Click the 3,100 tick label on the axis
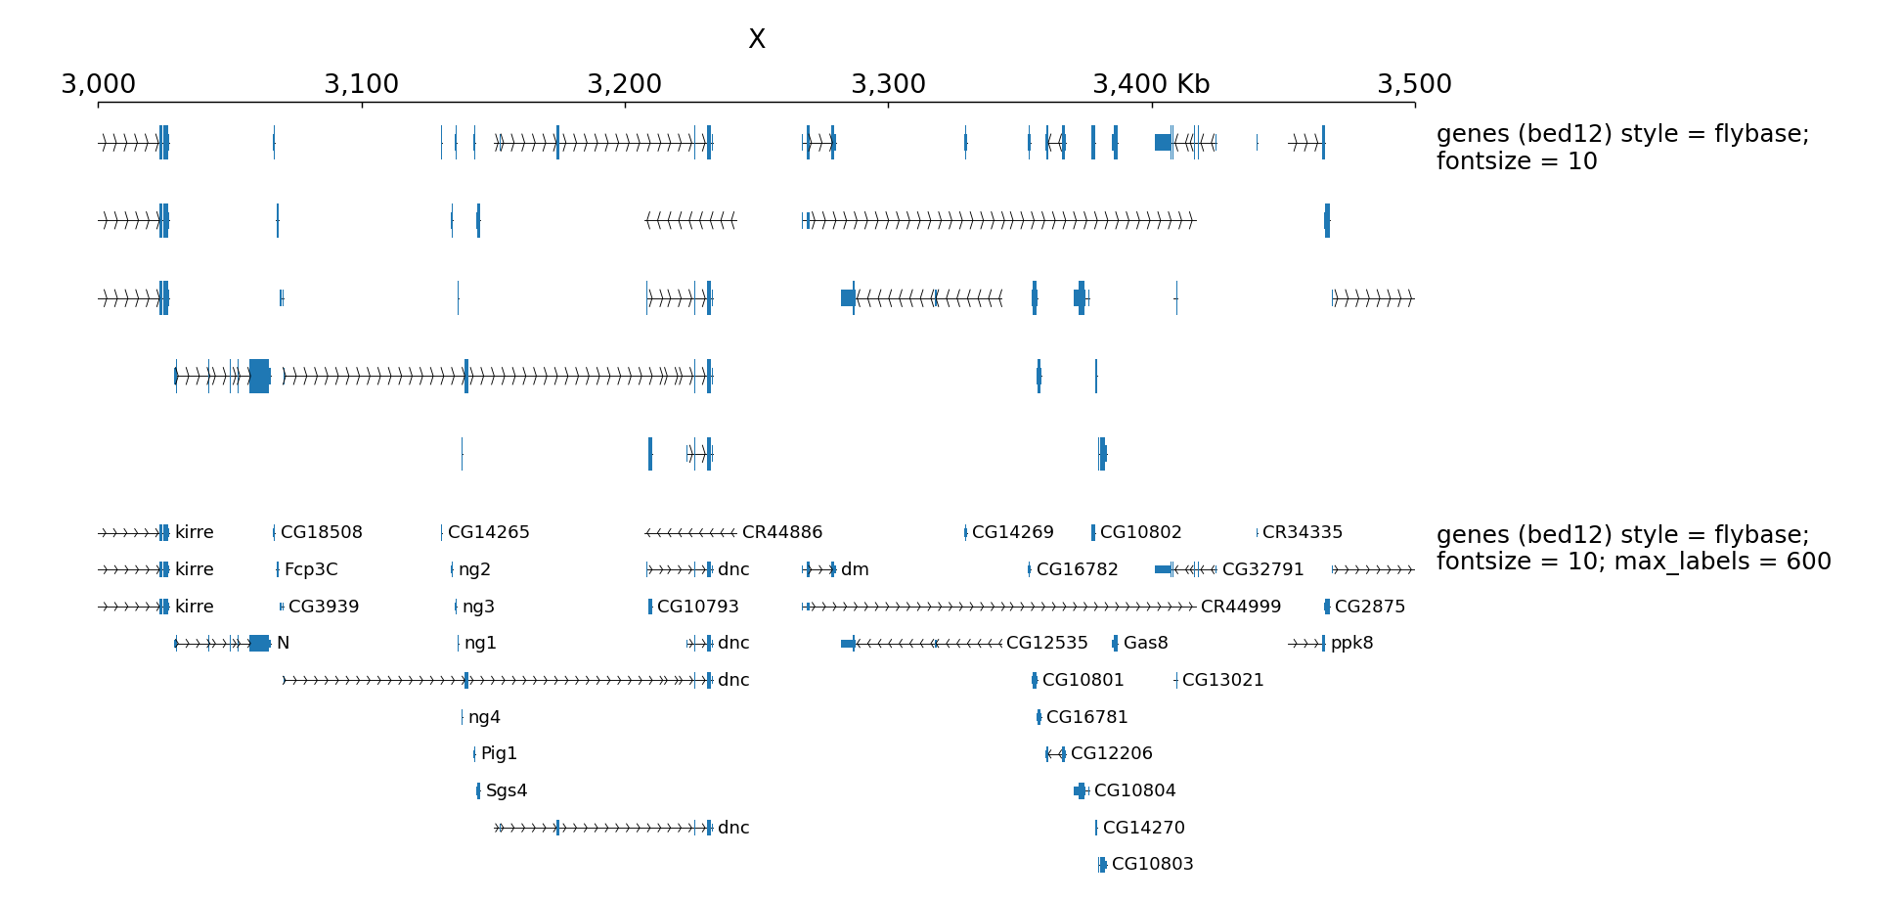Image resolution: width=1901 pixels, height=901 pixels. (361, 84)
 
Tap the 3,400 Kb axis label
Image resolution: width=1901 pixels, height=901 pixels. (1151, 84)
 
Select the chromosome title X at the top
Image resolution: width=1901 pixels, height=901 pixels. (756, 39)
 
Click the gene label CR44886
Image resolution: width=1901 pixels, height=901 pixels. (781, 532)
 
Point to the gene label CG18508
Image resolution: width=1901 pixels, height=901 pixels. (321, 532)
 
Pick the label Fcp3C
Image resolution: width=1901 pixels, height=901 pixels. (311, 569)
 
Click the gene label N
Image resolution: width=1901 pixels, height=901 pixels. (283, 643)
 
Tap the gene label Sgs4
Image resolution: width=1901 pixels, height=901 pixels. (506, 790)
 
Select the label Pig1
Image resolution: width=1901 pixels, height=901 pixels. (499, 753)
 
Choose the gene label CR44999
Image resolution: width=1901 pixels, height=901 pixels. (1240, 607)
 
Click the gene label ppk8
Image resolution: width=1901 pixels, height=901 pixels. (1351, 643)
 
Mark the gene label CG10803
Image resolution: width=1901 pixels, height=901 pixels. (1152, 864)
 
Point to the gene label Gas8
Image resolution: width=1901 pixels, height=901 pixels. (1145, 643)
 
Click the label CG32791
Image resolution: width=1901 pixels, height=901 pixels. (1262, 569)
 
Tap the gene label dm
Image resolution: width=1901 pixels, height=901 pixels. (855, 569)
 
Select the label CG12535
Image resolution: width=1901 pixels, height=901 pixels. (1046, 643)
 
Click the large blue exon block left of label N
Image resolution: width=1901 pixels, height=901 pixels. (259, 643)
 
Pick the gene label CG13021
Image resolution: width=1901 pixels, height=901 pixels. (1222, 680)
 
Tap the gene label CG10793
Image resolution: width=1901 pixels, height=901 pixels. (697, 607)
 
